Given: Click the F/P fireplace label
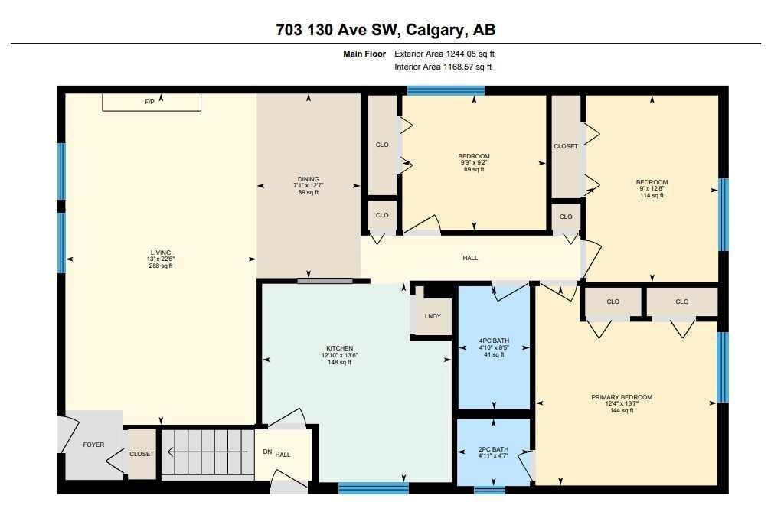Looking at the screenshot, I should (x=149, y=102).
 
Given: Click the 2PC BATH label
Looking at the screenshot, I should (x=494, y=449).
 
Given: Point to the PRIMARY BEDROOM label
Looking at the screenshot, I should (x=621, y=397).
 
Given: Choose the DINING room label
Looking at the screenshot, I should (x=305, y=178).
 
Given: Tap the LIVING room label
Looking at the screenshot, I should (x=160, y=253).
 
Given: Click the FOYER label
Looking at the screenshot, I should (x=93, y=445).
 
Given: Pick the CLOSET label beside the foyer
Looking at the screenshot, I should (x=141, y=454).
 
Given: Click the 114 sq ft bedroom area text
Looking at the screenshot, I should (x=652, y=195).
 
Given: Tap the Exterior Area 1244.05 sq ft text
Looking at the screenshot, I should (x=449, y=54).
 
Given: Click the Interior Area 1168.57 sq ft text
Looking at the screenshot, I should (x=443, y=67).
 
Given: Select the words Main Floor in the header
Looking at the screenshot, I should (x=365, y=54).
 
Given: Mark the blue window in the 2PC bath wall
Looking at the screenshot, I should (x=489, y=489).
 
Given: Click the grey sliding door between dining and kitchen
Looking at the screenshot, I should (x=325, y=281).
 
